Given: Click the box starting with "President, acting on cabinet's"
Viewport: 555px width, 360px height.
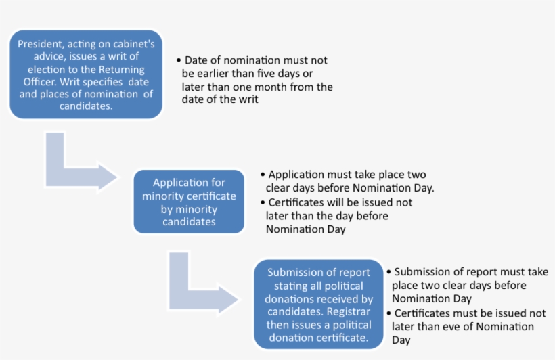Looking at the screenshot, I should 86,74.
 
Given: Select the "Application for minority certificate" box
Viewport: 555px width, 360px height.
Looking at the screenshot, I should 189,202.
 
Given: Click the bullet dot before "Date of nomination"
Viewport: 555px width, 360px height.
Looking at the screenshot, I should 178,60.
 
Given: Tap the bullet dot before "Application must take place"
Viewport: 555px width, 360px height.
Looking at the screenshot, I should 263,175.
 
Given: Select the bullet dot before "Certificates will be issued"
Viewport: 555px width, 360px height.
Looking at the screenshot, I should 263,202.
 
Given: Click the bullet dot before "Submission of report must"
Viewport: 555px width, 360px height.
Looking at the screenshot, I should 388,272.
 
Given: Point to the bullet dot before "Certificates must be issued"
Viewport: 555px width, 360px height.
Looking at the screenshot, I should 388,313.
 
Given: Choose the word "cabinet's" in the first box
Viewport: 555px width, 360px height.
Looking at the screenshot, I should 131,44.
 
